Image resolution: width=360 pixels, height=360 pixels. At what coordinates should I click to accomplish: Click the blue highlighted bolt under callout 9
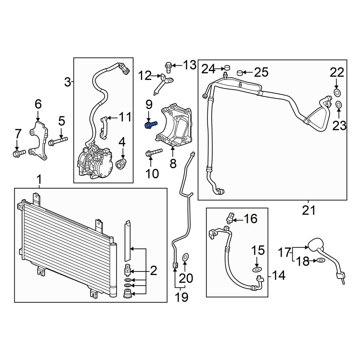pos(151,125)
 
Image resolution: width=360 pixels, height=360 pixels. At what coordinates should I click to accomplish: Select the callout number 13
pos(190,65)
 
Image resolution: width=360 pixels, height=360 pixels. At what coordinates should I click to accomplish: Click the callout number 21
pos(309,210)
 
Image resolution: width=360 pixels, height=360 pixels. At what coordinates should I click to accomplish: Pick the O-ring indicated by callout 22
pos(337,93)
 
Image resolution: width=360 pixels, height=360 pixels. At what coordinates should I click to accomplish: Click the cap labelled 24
pos(227,68)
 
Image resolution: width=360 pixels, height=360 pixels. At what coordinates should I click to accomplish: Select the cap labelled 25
pos(240,73)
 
